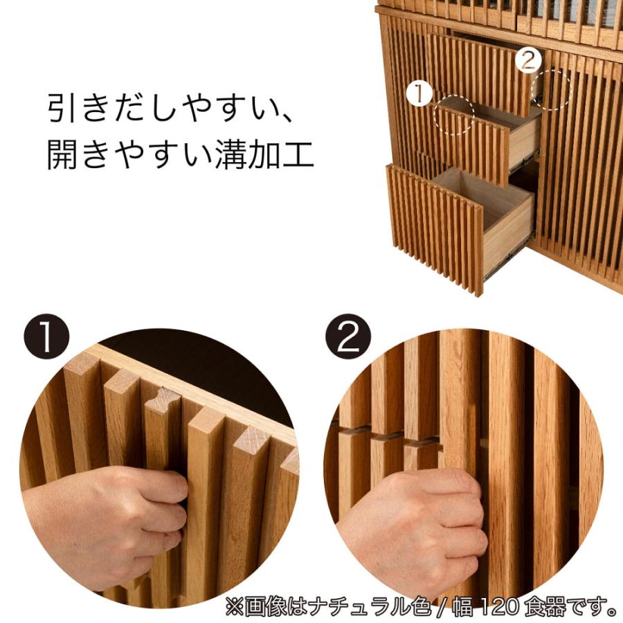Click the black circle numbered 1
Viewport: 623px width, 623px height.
48,337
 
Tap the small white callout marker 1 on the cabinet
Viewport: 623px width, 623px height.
419,93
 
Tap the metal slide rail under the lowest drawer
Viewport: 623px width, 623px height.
509,259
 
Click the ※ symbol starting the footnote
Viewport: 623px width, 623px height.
235,608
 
